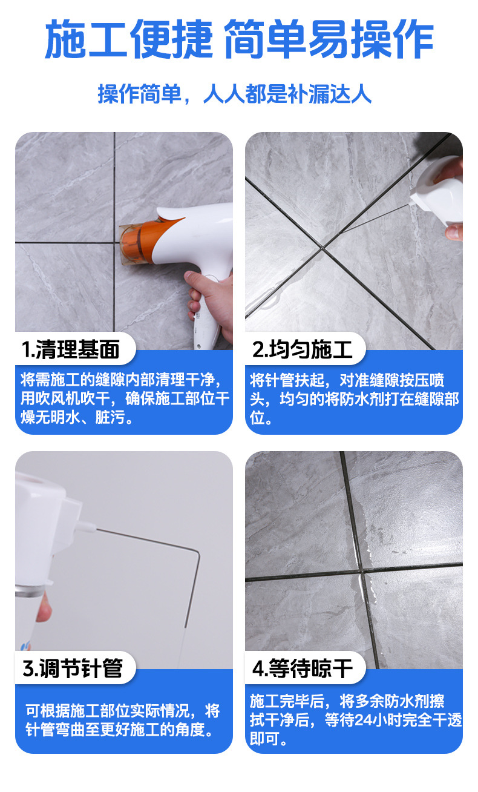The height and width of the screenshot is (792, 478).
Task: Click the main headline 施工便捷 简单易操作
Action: click(239, 39)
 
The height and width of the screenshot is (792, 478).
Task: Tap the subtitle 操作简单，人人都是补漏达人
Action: click(235, 94)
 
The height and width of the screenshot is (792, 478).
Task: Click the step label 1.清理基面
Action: click(70, 349)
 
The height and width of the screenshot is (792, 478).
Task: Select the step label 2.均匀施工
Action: click(302, 349)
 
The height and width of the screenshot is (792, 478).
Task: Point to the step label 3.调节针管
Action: click(73, 668)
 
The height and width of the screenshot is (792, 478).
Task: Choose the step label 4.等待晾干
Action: click(303, 668)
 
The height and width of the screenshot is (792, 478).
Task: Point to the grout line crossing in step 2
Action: click(322, 248)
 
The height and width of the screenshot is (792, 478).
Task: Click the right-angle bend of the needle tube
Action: click(198, 552)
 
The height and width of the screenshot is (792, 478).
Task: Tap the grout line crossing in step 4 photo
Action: click(361, 570)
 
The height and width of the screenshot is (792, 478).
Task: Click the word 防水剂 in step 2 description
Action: click(366, 399)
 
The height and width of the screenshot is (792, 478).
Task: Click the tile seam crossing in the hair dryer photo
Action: click(114, 243)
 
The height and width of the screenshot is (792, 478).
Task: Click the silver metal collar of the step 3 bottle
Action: click(30, 590)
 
